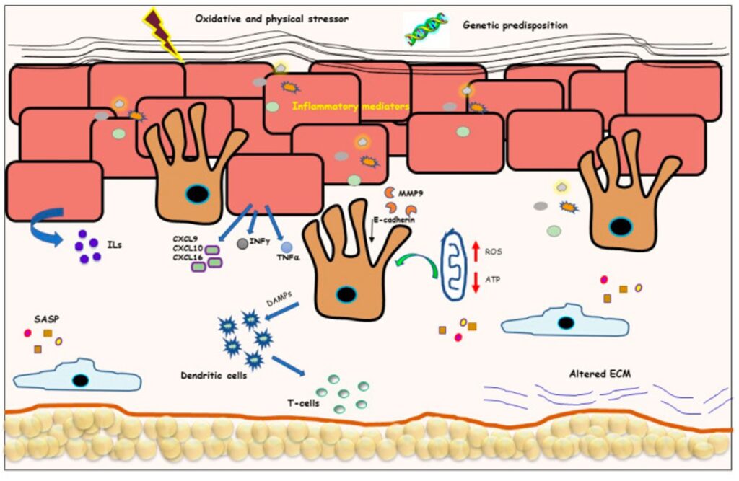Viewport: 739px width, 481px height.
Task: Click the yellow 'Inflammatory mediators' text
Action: tap(351, 106)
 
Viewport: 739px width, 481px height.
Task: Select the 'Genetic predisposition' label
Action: tap(515, 25)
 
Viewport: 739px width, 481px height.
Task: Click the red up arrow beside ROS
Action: tap(476, 253)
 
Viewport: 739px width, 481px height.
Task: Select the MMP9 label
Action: tap(411, 193)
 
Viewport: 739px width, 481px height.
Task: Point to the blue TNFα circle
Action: tap(286, 247)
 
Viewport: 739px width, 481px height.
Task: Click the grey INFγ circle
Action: tap(242, 244)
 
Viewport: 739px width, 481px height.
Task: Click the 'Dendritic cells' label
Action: tap(210, 376)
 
